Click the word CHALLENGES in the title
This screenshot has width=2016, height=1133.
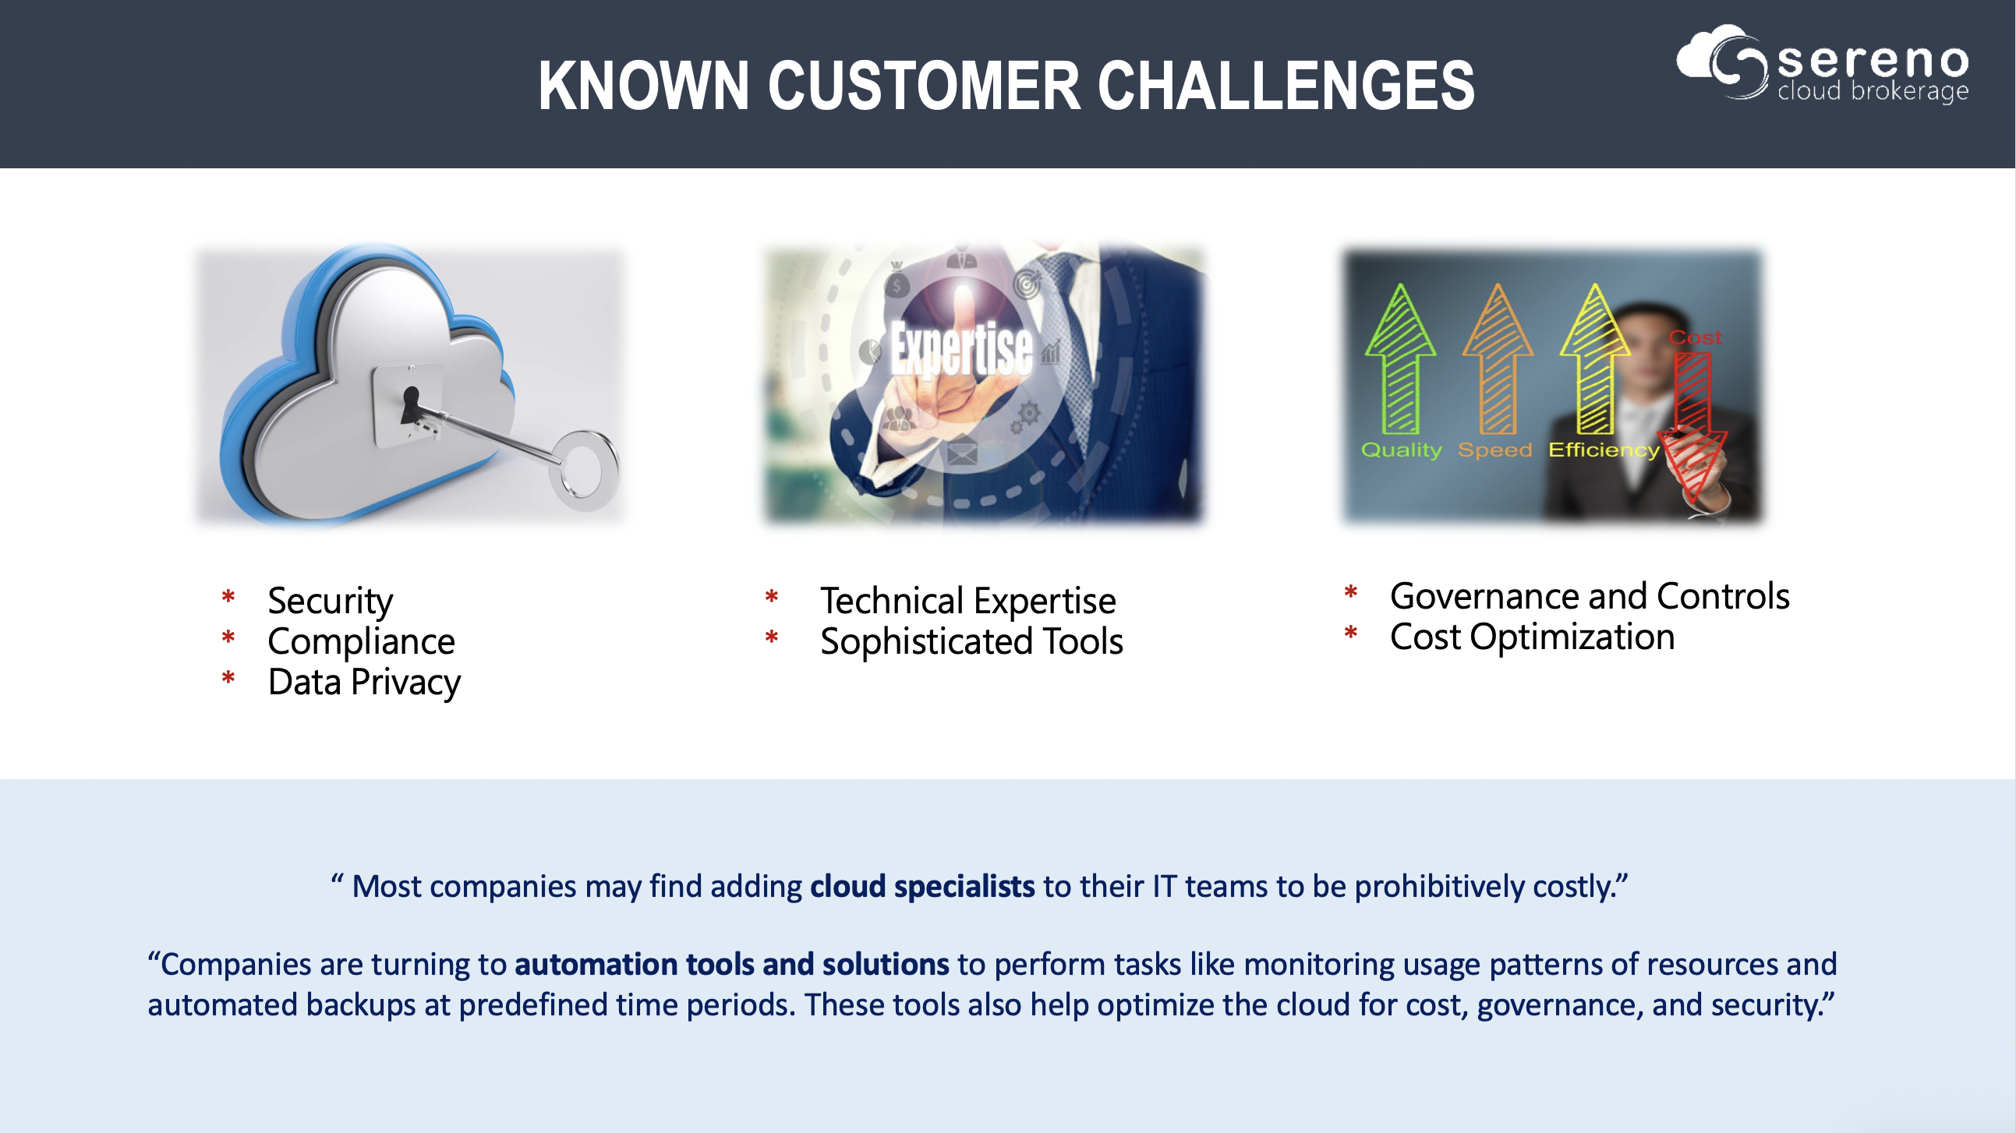pyautogui.click(x=1286, y=85)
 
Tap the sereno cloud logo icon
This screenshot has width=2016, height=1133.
pyautogui.click(x=1723, y=62)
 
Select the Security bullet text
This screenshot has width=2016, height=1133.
pyautogui.click(x=331, y=602)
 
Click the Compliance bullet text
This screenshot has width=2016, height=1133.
pyautogui.click(x=362, y=641)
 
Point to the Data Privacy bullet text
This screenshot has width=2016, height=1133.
pyautogui.click(x=365, y=683)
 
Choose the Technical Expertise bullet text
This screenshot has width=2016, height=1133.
pyautogui.click(x=968, y=602)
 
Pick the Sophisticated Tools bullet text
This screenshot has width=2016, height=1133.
pyautogui.click(x=972, y=641)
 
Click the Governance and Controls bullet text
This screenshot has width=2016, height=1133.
pyautogui.click(x=1590, y=596)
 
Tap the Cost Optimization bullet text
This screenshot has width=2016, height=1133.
pyautogui.click(x=1533, y=637)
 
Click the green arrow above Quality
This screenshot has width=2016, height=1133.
pyautogui.click(x=1400, y=358)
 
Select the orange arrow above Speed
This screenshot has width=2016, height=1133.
pyautogui.click(x=1498, y=358)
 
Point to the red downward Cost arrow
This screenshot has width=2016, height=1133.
pyautogui.click(x=1692, y=427)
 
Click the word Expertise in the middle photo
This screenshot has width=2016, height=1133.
pyautogui.click(x=962, y=348)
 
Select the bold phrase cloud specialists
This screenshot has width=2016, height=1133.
pyautogui.click(x=923, y=887)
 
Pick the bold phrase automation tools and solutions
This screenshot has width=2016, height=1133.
pyautogui.click(x=732, y=964)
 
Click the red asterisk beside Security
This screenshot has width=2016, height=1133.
pyautogui.click(x=228, y=598)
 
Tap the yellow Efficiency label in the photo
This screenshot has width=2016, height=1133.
pyautogui.click(x=1604, y=450)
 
